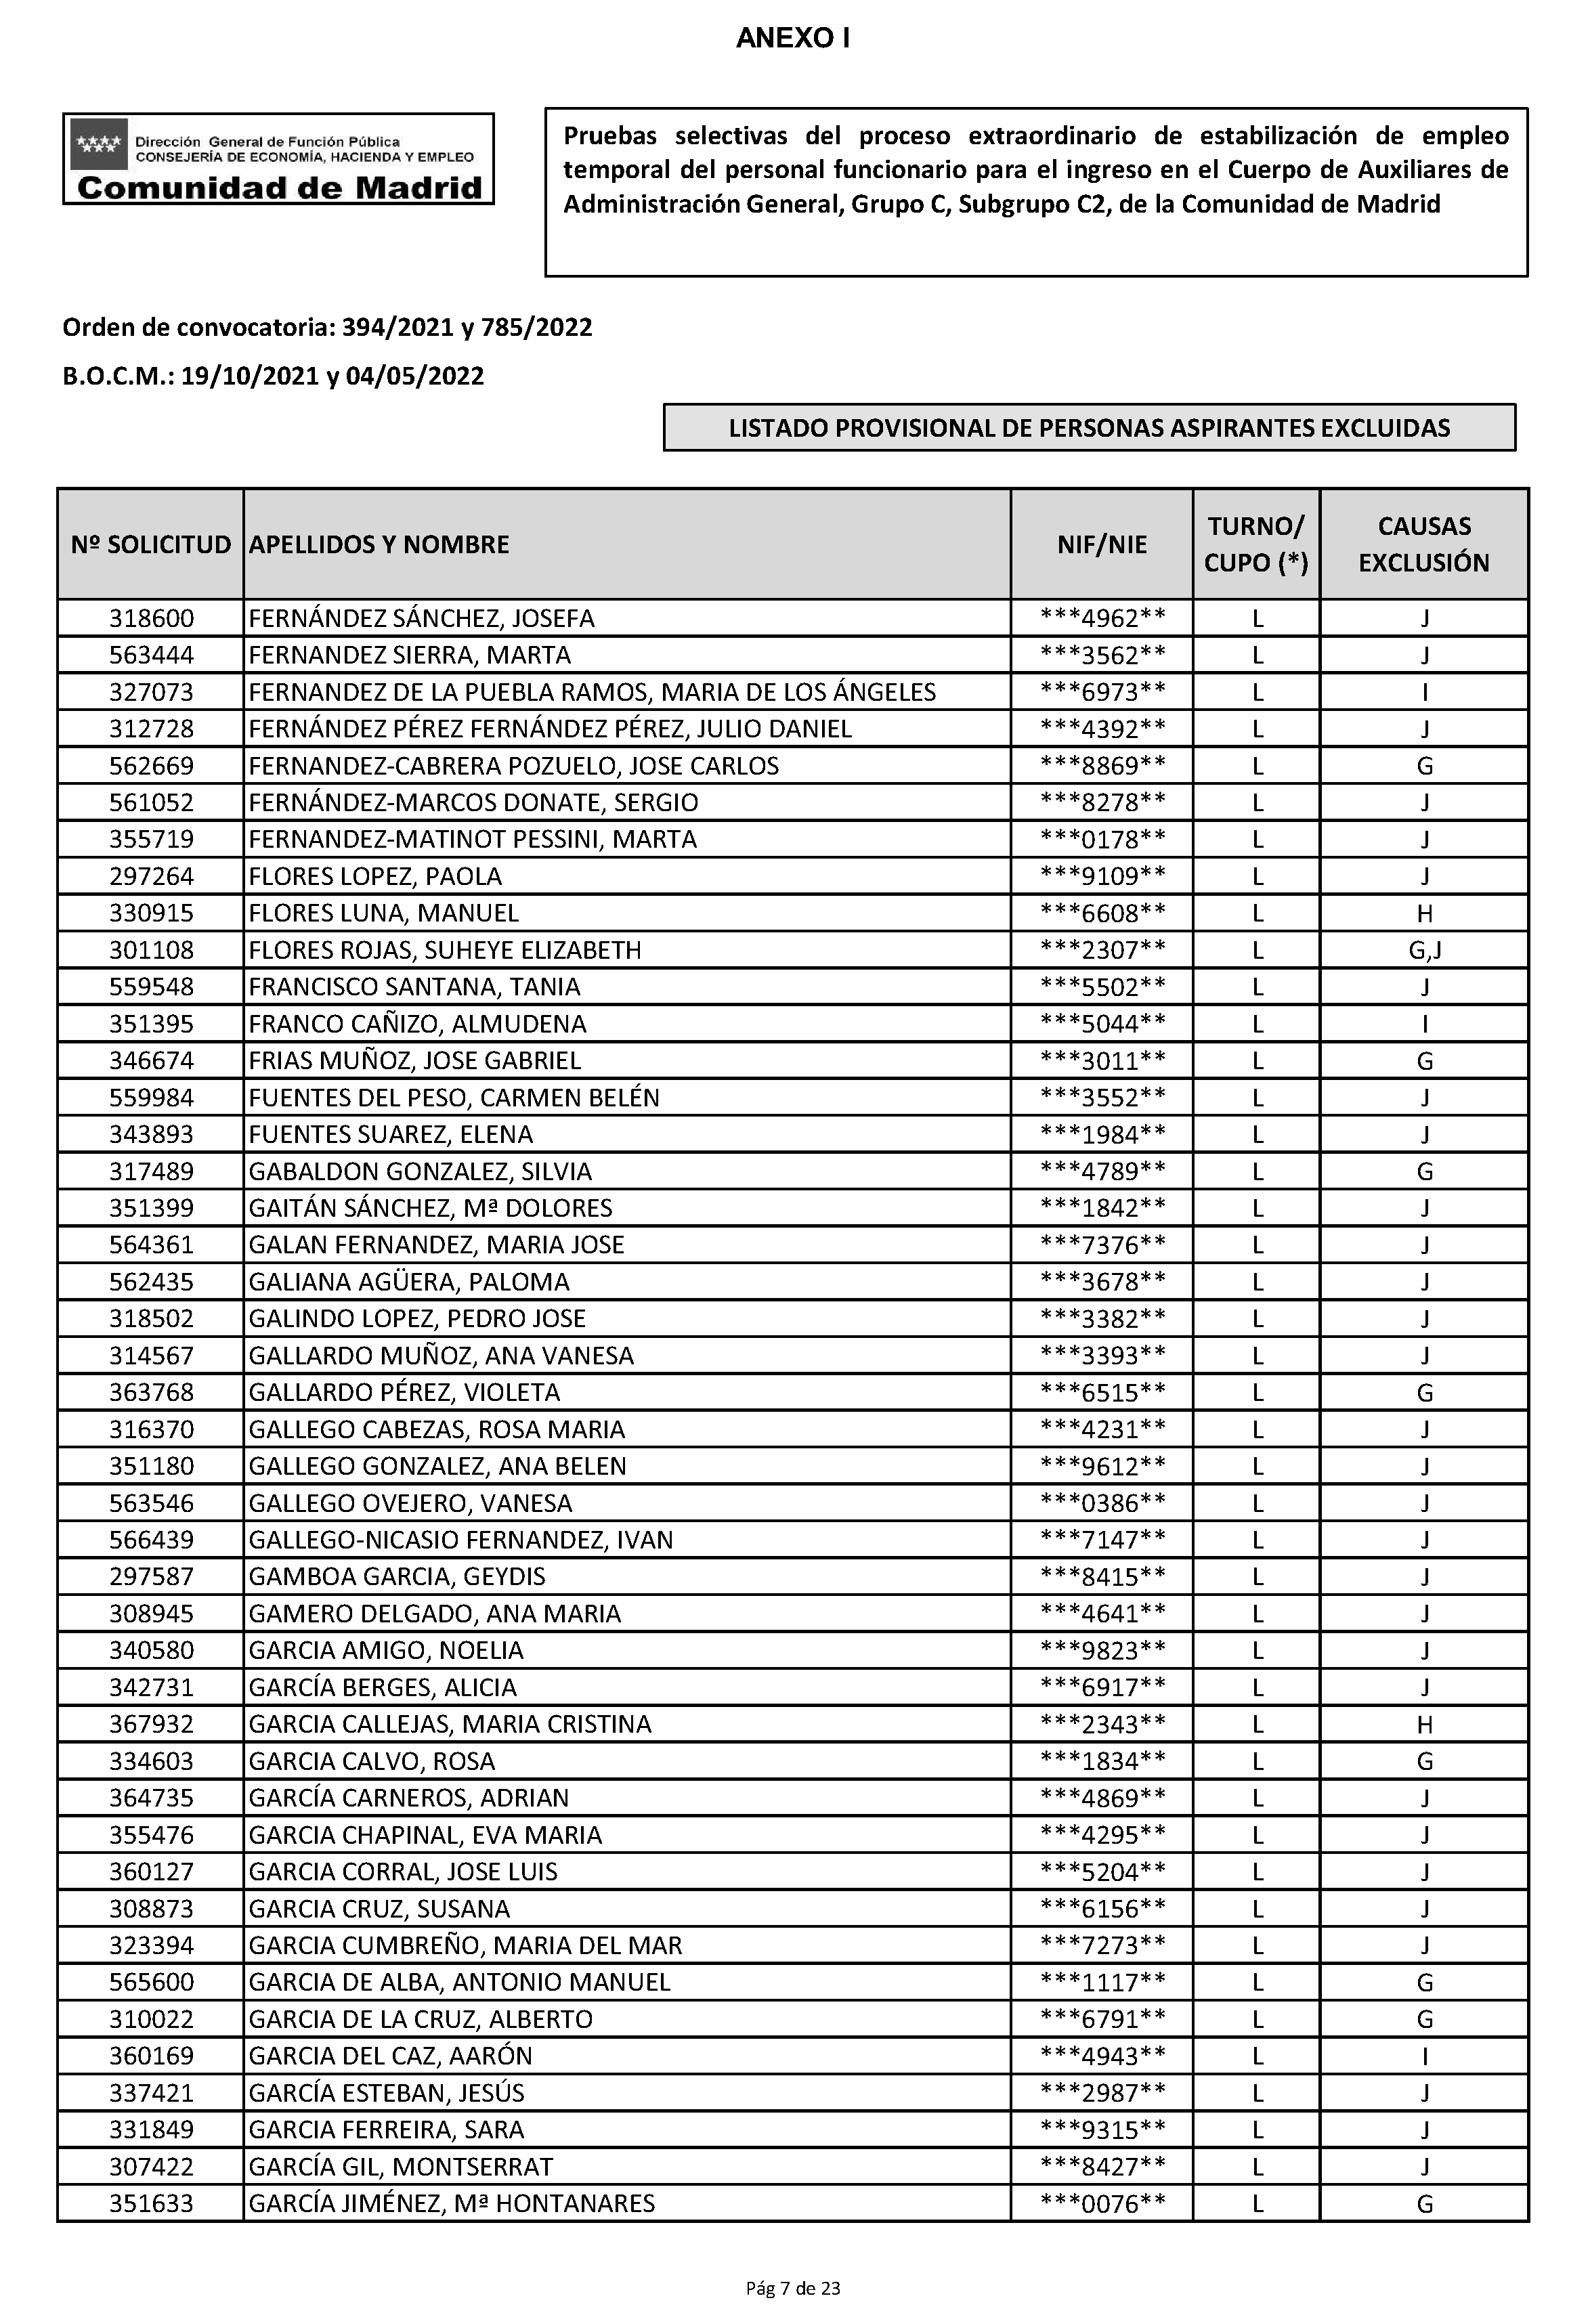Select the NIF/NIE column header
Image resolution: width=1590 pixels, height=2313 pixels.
(x=1102, y=545)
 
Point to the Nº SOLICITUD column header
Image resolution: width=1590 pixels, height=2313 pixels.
(x=150, y=545)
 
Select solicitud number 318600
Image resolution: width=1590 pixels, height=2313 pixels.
(x=152, y=619)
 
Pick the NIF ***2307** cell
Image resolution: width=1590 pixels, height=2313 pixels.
(x=1102, y=950)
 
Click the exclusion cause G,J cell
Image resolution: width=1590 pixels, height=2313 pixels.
(x=1425, y=950)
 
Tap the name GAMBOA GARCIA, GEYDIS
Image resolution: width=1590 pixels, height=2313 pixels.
(x=397, y=1577)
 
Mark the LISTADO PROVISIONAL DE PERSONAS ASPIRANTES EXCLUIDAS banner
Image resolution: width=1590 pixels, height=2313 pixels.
(x=1089, y=429)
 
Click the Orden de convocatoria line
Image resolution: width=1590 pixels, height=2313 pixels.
(x=327, y=328)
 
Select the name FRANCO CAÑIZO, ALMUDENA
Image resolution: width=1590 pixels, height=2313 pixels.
(x=417, y=1024)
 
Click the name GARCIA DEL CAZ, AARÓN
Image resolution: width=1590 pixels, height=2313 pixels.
(x=391, y=2056)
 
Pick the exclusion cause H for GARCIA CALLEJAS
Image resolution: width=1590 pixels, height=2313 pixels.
(x=1425, y=1725)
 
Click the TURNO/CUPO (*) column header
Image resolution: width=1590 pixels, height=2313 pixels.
(x=1256, y=545)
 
